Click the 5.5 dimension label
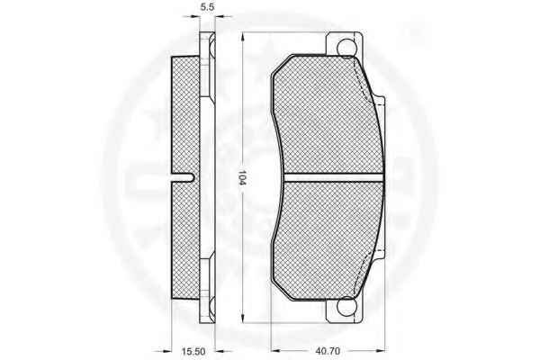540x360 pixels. click(x=207, y=6)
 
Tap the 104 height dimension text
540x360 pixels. click(x=243, y=179)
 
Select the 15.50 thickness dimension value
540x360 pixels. click(x=193, y=351)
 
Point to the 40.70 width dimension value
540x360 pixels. click(x=328, y=351)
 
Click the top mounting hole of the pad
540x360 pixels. click(x=346, y=47)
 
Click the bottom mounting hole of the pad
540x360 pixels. click(x=346, y=306)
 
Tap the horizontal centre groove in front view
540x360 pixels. click(x=333, y=177)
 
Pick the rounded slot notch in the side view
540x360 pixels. click(x=184, y=177)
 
